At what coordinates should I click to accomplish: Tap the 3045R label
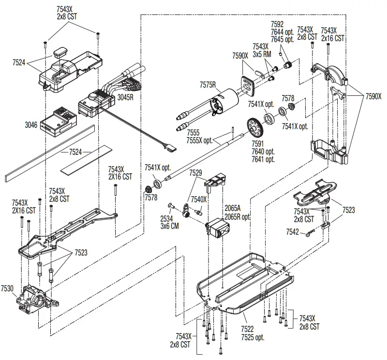[125, 97]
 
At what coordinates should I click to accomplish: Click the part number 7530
[8, 288]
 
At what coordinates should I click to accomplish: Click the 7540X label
[199, 199]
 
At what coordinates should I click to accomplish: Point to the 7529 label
[196, 173]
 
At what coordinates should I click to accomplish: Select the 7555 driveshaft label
[193, 133]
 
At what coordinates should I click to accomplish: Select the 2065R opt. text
[238, 217]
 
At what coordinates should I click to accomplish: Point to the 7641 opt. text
[263, 158]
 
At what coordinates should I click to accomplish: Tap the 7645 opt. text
[283, 39]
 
